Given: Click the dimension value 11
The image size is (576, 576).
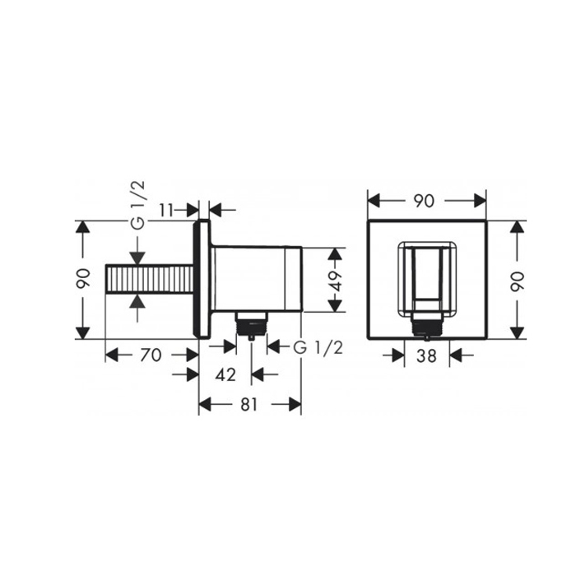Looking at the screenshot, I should (166, 210).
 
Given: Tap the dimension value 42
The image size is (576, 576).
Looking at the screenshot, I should (225, 374).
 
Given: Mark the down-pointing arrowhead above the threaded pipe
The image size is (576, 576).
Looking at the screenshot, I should (138, 254).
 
